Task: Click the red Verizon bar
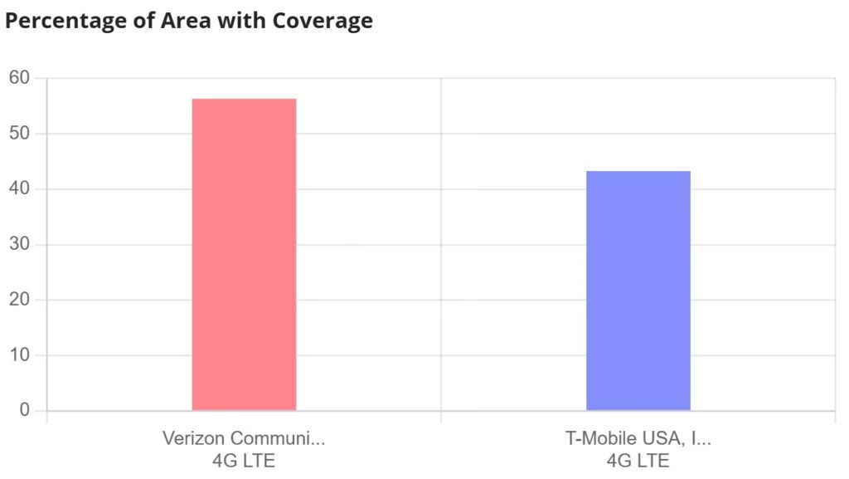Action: pyautogui.click(x=244, y=254)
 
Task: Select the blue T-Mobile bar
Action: pyautogui.click(x=638, y=291)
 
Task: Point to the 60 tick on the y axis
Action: pyautogui.click(x=19, y=78)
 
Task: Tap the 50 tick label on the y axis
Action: pyautogui.click(x=19, y=134)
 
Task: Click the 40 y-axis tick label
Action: pyautogui.click(x=19, y=189)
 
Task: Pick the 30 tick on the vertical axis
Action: pyautogui.click(x=19, y=245)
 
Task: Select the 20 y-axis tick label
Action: pyautogui.click(x=19, y=300)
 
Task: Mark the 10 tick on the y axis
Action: pyautogui.click(x=19, y=355)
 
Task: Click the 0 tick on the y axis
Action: pyautogui.click(x=24, y=411)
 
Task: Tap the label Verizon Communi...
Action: pyautogui.click(x=244, y=438)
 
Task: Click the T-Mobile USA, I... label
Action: pyautogui.click(x=638, y=438)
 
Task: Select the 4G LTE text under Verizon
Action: pyautogui.click(x=244, y=460)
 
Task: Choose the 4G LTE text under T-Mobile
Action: pyautogui.click(x=638, y=460)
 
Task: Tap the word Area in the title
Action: pyautogui.click(x=184, y=22)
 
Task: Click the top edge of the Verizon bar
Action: pyautogui.click(x=244, y=99)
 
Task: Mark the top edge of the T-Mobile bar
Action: pyautogui.click(x=638, y=171)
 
